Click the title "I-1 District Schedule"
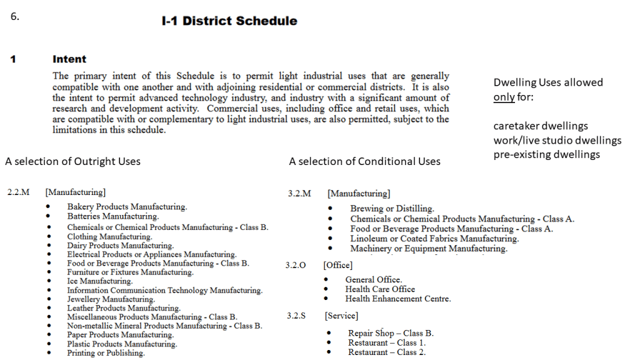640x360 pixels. point(229,21)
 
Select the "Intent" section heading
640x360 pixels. point(69,59)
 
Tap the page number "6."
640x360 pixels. point(15,16)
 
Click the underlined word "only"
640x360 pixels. point(504,97)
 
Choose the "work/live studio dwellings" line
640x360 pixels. point(557,140)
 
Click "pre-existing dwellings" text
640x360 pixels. point(547,154)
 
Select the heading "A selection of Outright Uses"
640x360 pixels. point(72,161)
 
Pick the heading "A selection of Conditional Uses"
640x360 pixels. point(364,161)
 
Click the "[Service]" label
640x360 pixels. point(341,316)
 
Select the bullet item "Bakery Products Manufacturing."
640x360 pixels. point(127,207)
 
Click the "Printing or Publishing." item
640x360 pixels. point(106,353)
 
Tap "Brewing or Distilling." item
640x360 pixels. point(392,209)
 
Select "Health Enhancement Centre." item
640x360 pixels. point(397,299)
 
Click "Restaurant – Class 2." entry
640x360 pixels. point(387,352)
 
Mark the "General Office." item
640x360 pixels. point(374,279)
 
